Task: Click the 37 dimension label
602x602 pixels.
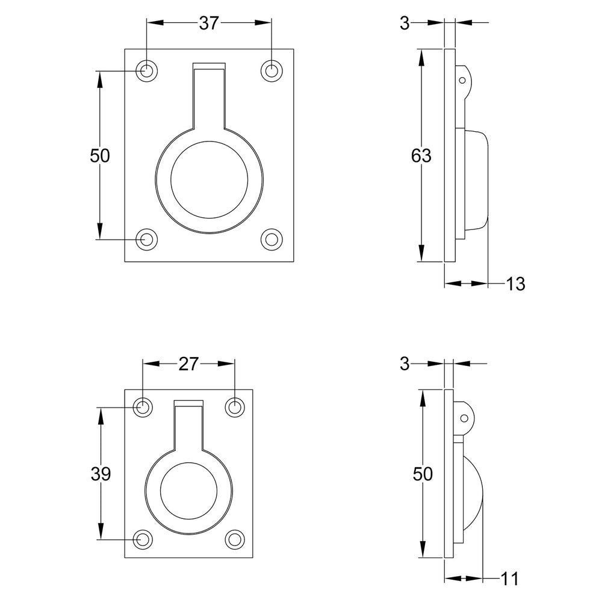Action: tap(209, 23)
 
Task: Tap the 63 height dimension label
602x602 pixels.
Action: tap(421, 155)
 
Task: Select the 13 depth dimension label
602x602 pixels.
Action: tap(515, 284)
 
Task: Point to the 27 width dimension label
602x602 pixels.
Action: tap(188, 364)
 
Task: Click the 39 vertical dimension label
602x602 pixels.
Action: tap(101, 474)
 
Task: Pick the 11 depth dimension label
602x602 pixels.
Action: tap(510, 579)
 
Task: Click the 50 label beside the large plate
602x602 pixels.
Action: tap(100, 155)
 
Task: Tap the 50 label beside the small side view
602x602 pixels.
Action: tap(423, 474)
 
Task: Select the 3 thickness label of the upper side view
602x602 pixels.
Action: tap(405, 23)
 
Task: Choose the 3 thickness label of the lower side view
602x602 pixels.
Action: tap(405, 364)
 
